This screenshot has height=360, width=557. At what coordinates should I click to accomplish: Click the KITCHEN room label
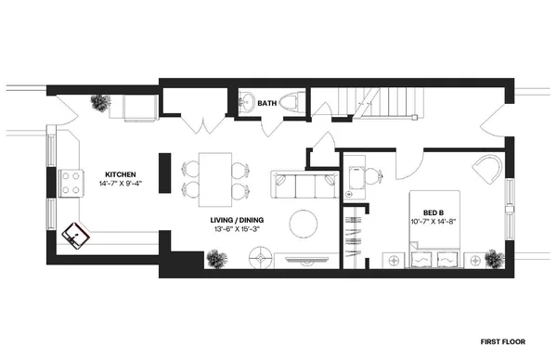tap(122, 174)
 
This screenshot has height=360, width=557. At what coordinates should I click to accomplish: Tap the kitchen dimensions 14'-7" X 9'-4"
tap(122, 184)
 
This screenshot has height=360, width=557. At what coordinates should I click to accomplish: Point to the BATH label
tap(267, 103)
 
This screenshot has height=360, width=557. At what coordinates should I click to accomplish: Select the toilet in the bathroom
tap(291, 103)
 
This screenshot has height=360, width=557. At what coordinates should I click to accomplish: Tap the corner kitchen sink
tap(73, 238)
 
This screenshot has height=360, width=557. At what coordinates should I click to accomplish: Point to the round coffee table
tap(304, 223)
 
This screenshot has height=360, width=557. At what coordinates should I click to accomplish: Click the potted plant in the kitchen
tap(99, 102)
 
